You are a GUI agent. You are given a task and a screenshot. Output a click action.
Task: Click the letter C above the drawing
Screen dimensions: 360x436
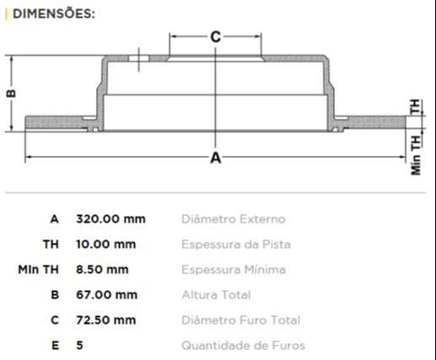tap(215, 36)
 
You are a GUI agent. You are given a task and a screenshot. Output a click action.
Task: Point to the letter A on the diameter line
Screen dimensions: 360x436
tap(215, 158)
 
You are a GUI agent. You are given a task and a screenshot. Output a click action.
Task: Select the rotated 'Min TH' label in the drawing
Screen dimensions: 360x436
tap(416, 153)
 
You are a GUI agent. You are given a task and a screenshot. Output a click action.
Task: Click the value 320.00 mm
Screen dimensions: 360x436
tap(110, 219)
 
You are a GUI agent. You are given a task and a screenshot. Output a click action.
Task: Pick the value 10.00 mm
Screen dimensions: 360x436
tap(106, 244)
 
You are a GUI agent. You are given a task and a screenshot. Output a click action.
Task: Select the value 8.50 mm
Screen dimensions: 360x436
tap(103, 270)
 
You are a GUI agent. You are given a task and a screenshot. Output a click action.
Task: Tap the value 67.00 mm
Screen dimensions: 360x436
tap(106, 295)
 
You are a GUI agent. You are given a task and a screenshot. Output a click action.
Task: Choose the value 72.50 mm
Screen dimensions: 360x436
tap(106, 320)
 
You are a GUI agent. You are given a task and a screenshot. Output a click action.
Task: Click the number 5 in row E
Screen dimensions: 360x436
tap(80, 346)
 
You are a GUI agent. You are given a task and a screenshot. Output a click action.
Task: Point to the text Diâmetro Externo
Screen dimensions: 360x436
tap(234, 219)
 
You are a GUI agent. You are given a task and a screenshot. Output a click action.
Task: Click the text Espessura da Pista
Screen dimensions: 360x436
tap(237, 244)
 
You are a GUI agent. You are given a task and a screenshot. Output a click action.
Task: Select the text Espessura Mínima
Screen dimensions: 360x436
tap(234, 270)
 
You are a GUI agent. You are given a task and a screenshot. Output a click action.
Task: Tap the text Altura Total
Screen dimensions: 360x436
tap(216, 295)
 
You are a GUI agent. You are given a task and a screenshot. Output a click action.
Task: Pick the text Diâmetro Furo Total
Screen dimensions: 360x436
tap(240, 320)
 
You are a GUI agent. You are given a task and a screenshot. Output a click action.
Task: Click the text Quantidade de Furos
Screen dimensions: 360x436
tap(243, 346)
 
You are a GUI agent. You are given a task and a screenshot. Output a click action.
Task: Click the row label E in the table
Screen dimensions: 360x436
tap(55, 346)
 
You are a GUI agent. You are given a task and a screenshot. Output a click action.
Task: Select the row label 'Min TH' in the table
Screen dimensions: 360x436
tap(39, 270)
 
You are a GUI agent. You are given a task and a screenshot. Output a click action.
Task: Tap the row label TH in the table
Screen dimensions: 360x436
tap(51, 244)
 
